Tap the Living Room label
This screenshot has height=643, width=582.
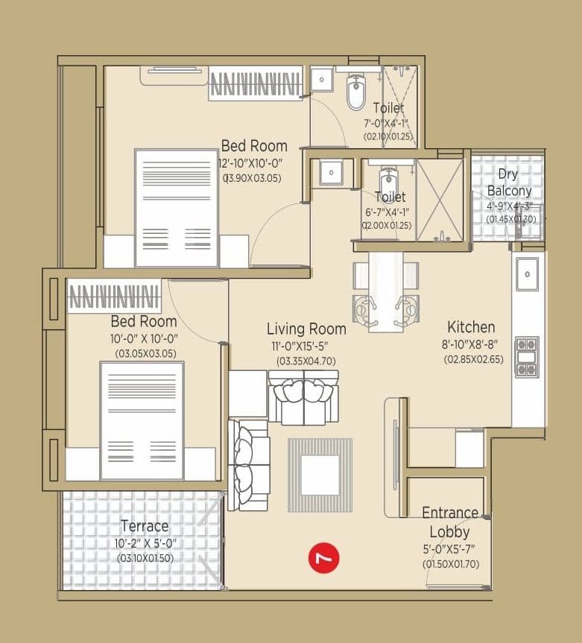click(x=306, y=329)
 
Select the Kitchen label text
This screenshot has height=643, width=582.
click(x=470, y=327)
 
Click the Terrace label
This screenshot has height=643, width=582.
click(x=145, y=526)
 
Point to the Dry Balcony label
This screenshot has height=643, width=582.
click(x=508, y=183)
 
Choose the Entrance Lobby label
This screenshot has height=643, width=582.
click(x=450, y=522)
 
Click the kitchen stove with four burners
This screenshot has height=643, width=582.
click(x=527, y=357)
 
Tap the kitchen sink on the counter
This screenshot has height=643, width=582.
click(x=527, y=274)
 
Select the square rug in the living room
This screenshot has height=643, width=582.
click(x=320, y=476)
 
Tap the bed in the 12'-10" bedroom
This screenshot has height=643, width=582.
click(x=177, y=208)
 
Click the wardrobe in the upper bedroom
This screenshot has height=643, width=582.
click(x=256, y=83)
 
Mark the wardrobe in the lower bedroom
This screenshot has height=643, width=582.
click(x=114, y=296)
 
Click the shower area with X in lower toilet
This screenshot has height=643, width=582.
click(x=440, y=200)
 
